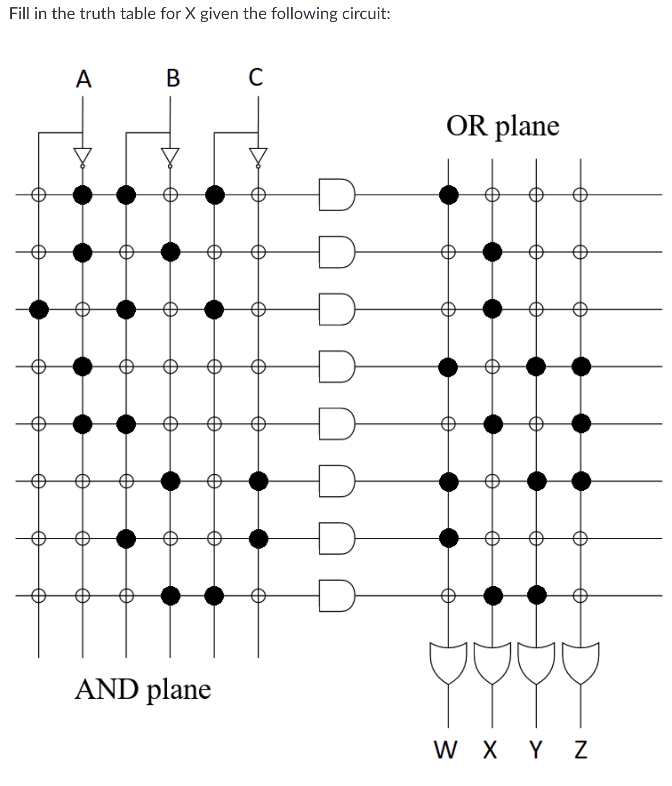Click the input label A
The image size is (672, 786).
click(x=83, y=79)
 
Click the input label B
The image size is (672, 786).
click(x=173, y=79)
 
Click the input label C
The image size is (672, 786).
click(x=255, y=78)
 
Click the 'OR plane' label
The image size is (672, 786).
click(x=503, y=126)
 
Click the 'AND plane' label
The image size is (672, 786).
click(x=143, y=689)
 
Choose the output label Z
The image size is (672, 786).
click(x=580, y=749)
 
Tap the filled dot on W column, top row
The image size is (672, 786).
click(x=448, y=195)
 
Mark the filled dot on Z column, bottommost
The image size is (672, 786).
click(x=581, y=482)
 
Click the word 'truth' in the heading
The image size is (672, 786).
click(x=99, y=13)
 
